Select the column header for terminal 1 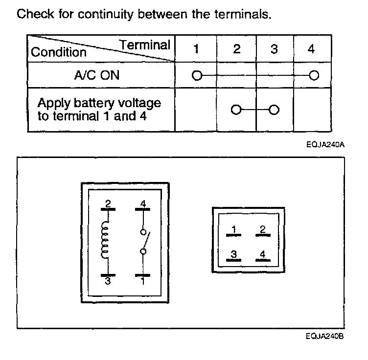click(196, 49)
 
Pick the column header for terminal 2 click(236, 49)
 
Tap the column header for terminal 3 click(274, 49)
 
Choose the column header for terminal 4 click(312, 49)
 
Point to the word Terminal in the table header click(145, 45)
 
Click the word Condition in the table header click(58, 52)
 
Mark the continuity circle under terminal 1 click(197, 76)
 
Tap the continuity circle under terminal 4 click(314, 76)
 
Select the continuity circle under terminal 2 click(236, 109)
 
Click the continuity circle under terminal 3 click(274, 109)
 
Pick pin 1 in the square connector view click(234, 230)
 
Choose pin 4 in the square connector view click(263, 254)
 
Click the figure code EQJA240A click(323, 145)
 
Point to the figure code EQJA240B click(323, 336)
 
